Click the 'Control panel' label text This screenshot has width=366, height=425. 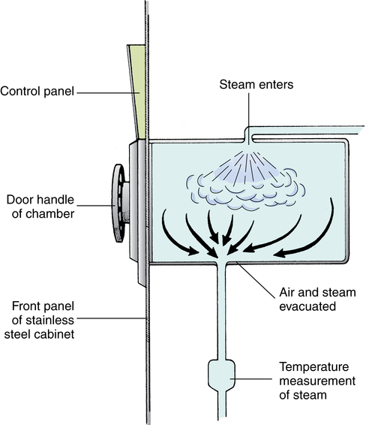point(37,92)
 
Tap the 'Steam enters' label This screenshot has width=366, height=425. point(256,85)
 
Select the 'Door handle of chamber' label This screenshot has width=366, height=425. point(40,206)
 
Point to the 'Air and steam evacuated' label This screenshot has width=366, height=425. point(317,300)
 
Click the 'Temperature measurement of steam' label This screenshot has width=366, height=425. point(317,381)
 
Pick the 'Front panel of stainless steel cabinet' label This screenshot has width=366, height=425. point(39,320)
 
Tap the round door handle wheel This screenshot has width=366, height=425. point(118,203)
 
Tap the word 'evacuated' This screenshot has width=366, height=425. point(307,306)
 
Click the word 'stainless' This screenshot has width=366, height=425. point(43,320)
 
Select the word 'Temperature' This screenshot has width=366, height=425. point(314,367)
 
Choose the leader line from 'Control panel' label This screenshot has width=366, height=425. point(108,93)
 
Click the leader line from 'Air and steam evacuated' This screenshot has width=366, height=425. point(256,279)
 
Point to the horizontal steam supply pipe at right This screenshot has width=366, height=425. point(306,130)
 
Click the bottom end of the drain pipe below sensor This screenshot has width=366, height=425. point(222,417)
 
